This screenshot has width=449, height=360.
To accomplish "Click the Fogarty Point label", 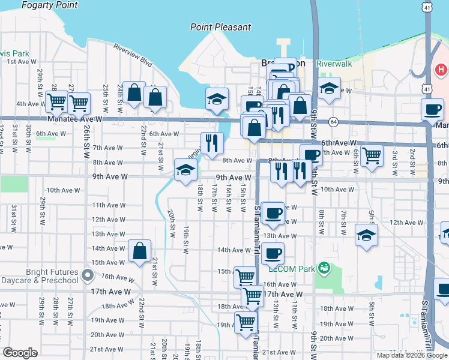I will (49, 5).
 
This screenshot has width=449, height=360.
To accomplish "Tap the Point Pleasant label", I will (220, 27).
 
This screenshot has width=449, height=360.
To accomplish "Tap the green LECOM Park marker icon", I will (325, 268).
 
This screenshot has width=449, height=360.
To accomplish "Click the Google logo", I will (20, 353).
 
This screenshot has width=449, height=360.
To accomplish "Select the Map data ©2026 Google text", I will (411, 355).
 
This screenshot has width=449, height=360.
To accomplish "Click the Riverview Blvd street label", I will (133, 53).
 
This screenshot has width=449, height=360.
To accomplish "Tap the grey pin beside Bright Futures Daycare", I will (88, 276).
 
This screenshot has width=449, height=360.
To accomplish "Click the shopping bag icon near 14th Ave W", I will (139, 251).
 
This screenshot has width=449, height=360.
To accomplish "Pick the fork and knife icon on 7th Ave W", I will (211, 143).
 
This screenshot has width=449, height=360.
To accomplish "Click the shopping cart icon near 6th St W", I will (372, 156).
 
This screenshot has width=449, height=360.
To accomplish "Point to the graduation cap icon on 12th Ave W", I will (366, 235).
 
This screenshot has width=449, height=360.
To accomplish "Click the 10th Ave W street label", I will (61, 190).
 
